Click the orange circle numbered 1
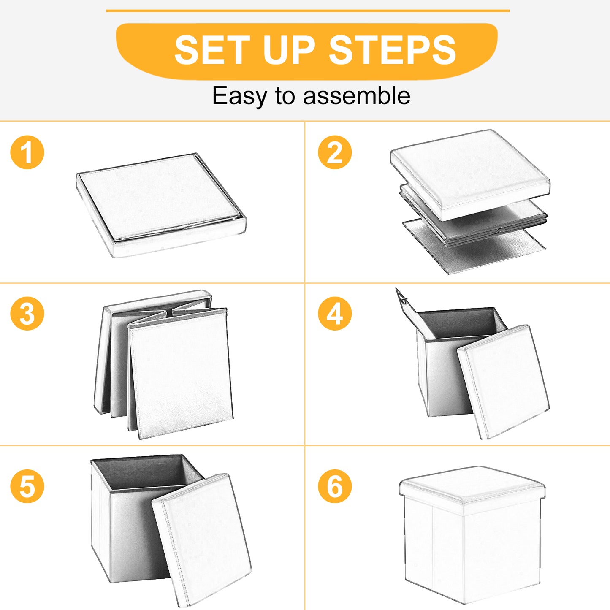click(x=27, y=152)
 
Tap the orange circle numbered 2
click(x=335, y=152)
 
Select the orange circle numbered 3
click(x=27, y=314)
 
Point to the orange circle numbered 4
click(x=335, y=314)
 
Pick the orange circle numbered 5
click(x=27, y=486)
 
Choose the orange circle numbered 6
click(x=335, y=486)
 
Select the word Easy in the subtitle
click(x=239, y=96)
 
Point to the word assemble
click(x=357, y=95)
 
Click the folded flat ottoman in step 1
click(x=161, y=205)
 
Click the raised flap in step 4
click(x=406, y=302)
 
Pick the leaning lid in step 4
click(x=503, y=382)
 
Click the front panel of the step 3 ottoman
click(x=180, y=374)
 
